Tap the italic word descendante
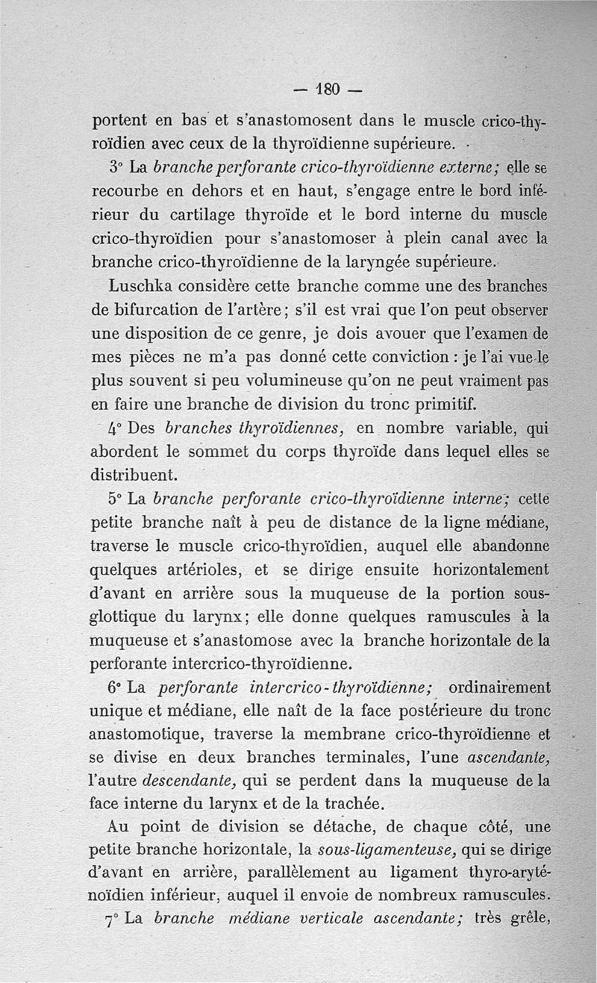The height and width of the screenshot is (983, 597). [190, 781]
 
